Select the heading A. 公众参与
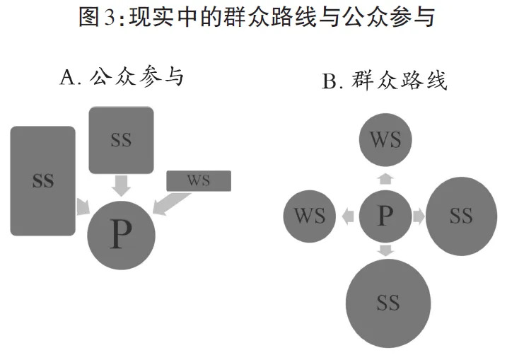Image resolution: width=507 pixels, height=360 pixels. tap(122, 76)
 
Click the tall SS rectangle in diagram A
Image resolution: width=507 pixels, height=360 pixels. tap(43, 180)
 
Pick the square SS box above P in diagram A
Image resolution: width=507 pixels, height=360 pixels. tap(121, 139)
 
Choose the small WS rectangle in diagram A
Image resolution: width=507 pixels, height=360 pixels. tap(199, 181)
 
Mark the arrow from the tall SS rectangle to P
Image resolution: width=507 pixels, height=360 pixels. tap(83, 206)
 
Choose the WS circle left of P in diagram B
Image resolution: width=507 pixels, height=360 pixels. tap(310, 216)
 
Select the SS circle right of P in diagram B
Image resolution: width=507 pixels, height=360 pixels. tap(460, 216)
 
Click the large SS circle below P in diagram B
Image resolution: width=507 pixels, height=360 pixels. tap(387, 303)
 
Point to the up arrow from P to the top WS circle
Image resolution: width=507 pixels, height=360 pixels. tap(385, 179)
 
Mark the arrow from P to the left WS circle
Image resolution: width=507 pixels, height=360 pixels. tap(348, 216)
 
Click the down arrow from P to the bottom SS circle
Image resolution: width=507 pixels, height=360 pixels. tap(385, 250)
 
